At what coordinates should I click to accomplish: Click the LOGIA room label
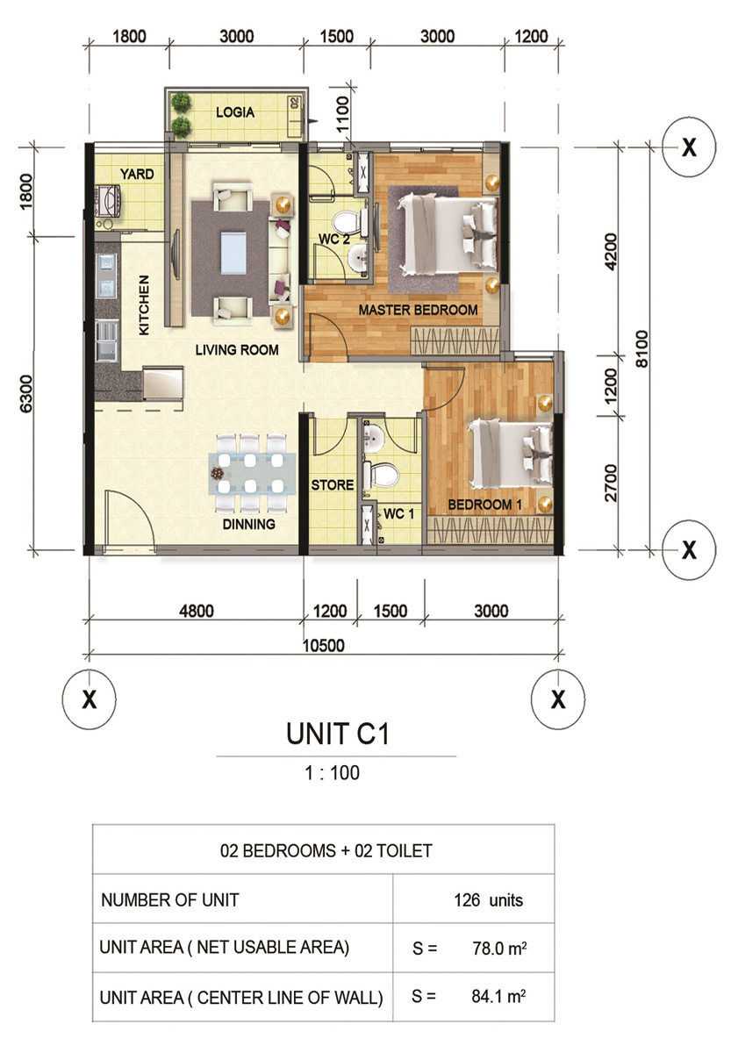pyautogui.click(x=235, y=112)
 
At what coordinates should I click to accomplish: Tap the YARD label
pyautogui.click(x=137, y=175)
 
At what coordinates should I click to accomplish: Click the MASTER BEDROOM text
pyautogui.click(x=418, y=311)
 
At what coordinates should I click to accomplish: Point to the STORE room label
pyautogui.click(x=333, y=484)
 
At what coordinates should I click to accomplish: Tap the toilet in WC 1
pyautogui.click(x=381, y=475)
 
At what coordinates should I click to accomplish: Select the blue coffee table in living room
pyautogui.click(x=233, y=253)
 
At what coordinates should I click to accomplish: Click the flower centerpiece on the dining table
pyautogui.click(x=217, y=472)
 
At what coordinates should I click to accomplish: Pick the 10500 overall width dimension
pyautogui.click(x=324, y=646)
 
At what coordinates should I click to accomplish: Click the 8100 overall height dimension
pyautogui.click(x=641, y=349)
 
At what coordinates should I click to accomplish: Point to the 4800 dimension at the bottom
pyautogui.click(x=197, y=611)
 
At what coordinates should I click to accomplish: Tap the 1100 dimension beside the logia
pyautogui.click(x=344, y=114)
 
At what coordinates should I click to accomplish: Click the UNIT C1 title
pyautogui.click(x=338, y=734)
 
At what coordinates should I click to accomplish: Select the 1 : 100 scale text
pyautogui.click(x=333, y=773)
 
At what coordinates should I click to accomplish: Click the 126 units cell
pyautogui.click(x=489, y=900)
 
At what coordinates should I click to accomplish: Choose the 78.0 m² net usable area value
pyautogui.click(x=499, y=949)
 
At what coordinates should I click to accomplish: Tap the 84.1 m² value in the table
pyautogui.click(x=498, y=996)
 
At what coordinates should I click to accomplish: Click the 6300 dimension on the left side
pyautogui.click(x=26, y=393)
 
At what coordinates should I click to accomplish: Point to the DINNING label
pyautogui.click(x=248, y=524)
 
